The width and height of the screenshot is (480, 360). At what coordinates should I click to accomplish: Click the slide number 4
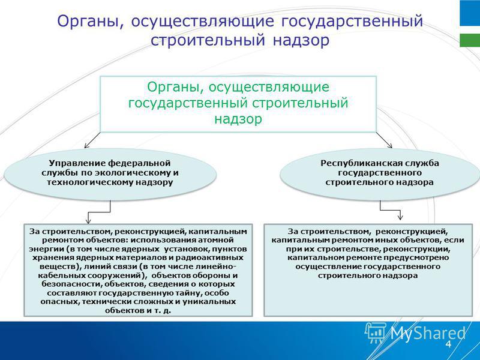tap(448, 344)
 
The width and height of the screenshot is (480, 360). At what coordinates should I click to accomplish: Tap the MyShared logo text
tap(428, 333)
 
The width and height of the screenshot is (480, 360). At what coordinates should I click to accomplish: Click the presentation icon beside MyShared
tap(376, 332)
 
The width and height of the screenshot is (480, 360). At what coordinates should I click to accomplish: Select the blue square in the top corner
tap(470, 13)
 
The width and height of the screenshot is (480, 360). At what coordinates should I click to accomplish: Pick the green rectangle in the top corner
tap(470, 40)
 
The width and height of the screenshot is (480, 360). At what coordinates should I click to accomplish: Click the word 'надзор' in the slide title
tap(301, 41)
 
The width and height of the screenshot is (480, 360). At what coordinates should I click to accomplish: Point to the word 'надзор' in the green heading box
tap(238, 119)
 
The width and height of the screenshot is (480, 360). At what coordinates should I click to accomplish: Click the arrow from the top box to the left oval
tap(92, 140)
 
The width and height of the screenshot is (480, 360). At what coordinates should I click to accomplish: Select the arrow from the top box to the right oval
tap(384, 140)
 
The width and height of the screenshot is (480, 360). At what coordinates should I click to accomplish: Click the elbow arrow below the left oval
tap(98, 212)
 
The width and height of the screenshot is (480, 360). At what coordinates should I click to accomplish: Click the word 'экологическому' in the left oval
tap(133, 173)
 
